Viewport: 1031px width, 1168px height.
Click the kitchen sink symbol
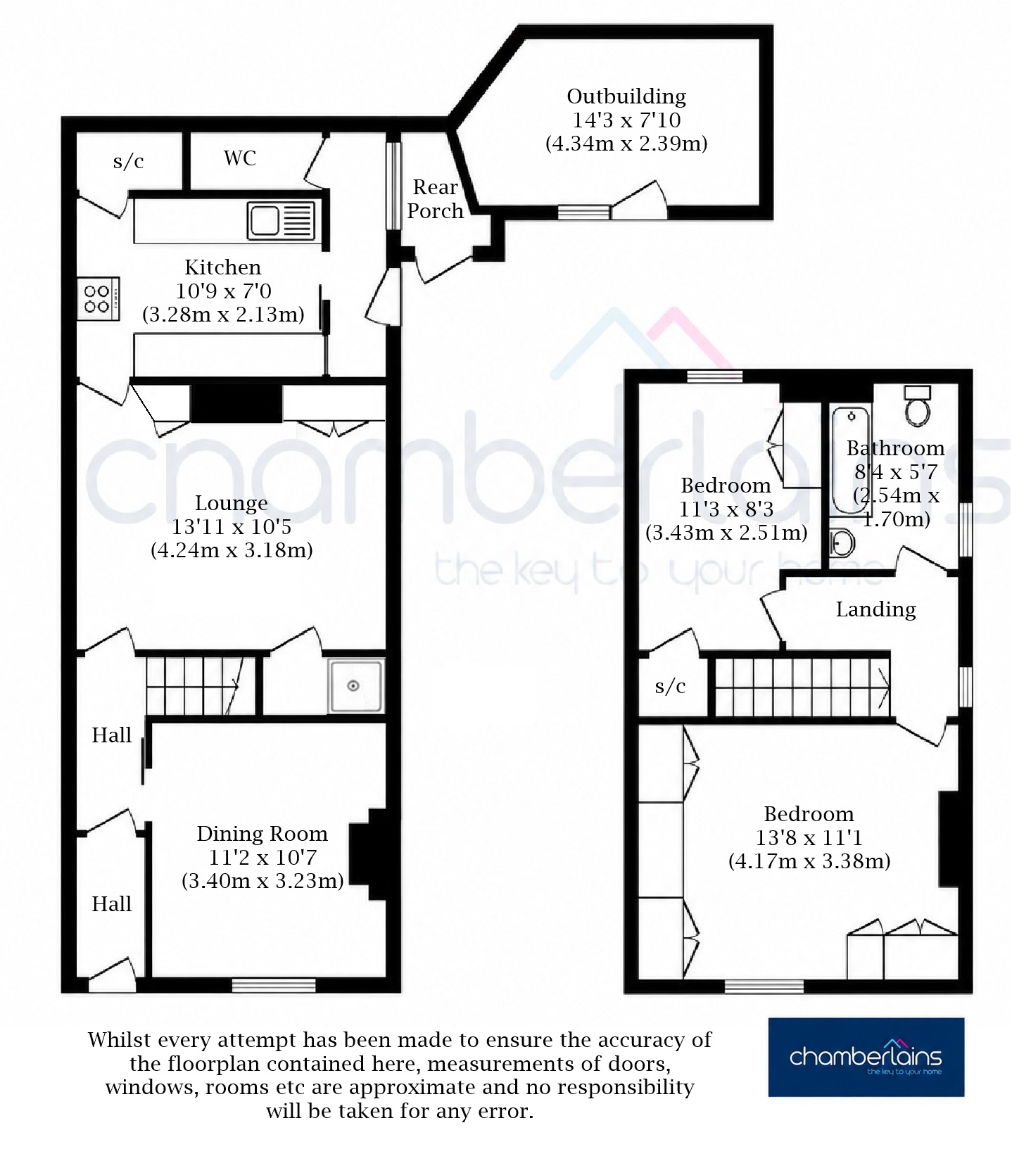point(281,220)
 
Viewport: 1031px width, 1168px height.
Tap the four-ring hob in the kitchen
point(99,298)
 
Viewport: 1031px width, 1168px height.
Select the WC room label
point(240,158)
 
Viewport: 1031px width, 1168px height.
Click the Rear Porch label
point(436,199)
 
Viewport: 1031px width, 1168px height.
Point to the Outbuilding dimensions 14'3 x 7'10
point(626,120)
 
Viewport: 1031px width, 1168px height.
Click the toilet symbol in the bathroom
point(917,405)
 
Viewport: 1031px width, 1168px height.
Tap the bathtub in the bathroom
point(852,461)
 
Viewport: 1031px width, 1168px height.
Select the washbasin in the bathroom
point(842,542)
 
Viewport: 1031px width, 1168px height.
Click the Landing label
point(875,609)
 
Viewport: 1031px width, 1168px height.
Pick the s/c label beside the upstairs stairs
point(670,686)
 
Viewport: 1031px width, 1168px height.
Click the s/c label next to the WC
point(128,161)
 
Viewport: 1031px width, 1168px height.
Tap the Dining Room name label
point(262,834)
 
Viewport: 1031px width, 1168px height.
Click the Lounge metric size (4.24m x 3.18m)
point(232,550)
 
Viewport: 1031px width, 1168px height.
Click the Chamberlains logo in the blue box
point(866,1057)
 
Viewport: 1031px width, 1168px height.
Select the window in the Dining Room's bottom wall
point(274,985)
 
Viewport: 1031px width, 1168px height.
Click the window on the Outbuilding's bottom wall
point(584,212)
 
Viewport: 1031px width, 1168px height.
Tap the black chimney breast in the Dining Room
point(375,854)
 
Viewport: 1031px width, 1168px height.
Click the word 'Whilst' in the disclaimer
point(122,1040)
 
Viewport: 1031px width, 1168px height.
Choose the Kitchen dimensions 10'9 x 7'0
point(223,291)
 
